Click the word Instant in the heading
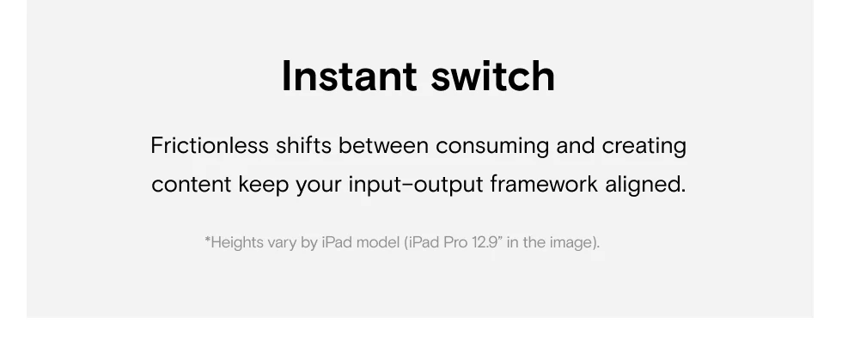pos(349,76)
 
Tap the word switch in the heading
pos(493,76)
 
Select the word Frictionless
pos(210,145)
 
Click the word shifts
pos(303,145)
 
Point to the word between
pos(383,145)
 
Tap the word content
pos(191,185)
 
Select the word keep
pos(264,186)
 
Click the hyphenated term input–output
pos(416,186)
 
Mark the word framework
pos(544,185)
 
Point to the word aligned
pos(645,186)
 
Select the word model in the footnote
pos(378,242)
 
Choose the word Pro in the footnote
pos(456,242)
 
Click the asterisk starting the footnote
pos(207,239)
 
